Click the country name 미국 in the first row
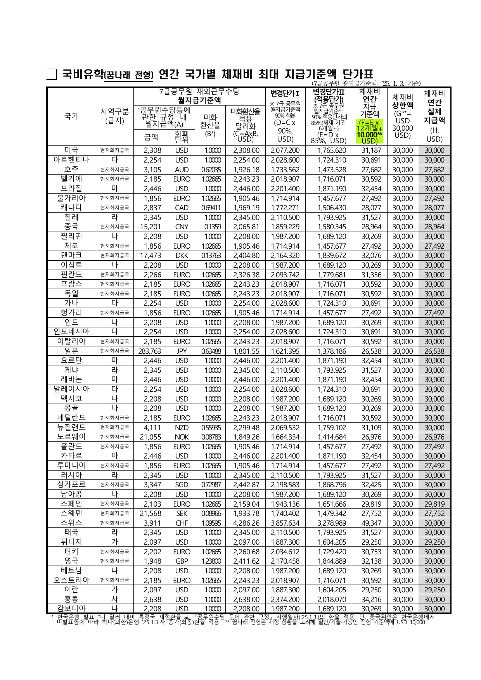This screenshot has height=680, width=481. [x=71, y=151]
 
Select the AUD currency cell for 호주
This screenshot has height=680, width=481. [x=182, y=170]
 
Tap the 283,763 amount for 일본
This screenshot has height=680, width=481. [x=152, y=351]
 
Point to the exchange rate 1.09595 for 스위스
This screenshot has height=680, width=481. [x=211, y=523]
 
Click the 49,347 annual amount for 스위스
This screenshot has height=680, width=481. [x=371, y=523]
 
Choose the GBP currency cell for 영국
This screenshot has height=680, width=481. [x=182, y=561]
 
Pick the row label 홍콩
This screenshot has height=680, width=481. [x=71, y=599]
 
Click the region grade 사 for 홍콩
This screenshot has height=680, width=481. [x=114, y=599]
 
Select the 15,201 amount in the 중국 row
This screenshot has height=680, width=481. [x=152, y=227]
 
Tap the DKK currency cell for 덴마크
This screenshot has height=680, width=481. [x=182, y=256]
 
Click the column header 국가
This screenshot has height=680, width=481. [x=71, y=116]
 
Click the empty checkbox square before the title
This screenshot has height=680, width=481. [x=51, y=74]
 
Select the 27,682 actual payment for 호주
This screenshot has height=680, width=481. [x=434, y=170]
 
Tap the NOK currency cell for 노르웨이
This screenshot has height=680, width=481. [x=182, y=437]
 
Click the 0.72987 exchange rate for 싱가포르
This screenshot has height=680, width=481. [x=211, y=485]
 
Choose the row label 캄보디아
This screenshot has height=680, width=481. [x=71, y=609]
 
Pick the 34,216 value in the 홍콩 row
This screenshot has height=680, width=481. [x=371, y=599]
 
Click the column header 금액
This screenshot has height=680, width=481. [x=151, y=137]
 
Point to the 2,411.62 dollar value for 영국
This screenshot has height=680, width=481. [x=246, y=561]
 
